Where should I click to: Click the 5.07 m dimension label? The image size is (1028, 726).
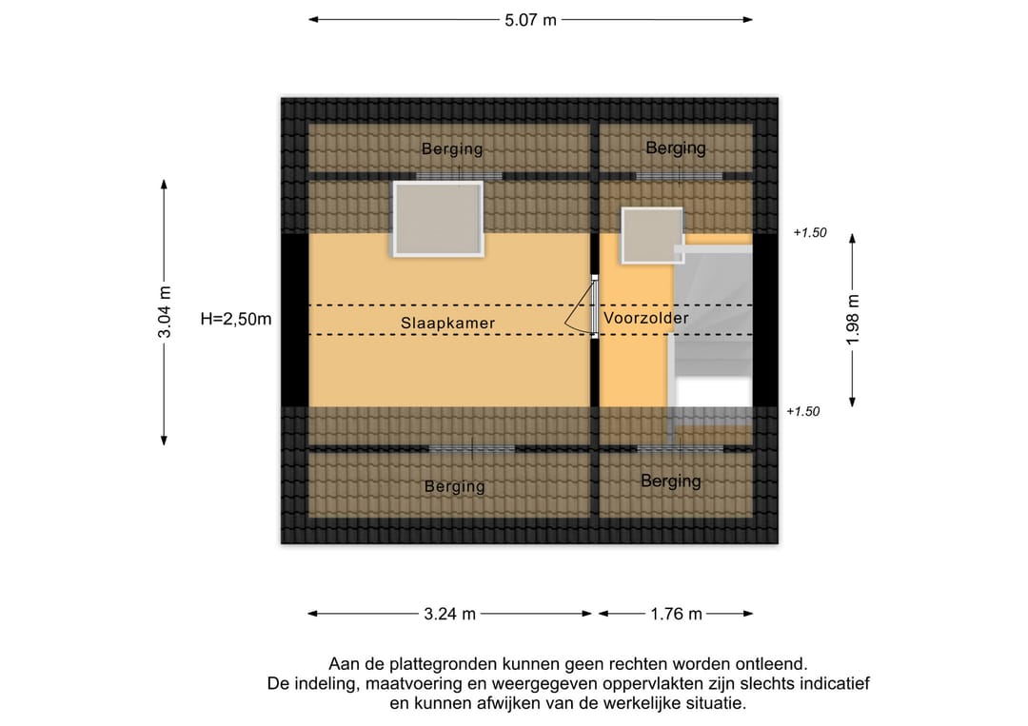(x=530, y=20)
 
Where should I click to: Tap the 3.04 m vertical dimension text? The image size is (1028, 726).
(x=165, y=312)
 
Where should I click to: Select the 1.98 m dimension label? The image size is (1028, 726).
(x=852, y=320)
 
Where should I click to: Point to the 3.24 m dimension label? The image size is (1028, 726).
(x=449, y=614)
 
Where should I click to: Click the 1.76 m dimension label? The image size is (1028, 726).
(x=676, y=614)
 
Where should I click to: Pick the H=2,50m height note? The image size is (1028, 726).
(x=236, y=319)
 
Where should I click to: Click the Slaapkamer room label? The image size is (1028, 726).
(x=447, y=323)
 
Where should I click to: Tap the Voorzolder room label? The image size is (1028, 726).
(x=645, y=319)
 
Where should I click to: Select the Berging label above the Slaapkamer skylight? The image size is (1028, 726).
(x=452, y=149)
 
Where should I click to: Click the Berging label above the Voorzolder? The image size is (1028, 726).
(x=676, y=148)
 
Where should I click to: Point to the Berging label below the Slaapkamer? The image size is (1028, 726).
(x=455, y=487)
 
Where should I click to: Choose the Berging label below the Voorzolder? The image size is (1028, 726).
(x=671, y=481)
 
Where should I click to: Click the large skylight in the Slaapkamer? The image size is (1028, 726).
(x=438, y=219)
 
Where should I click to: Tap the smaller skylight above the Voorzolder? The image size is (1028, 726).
(x=652, y=235)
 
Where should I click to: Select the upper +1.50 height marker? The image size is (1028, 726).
(x=810, y=232)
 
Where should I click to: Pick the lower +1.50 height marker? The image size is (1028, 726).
(x=803, y=411)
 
